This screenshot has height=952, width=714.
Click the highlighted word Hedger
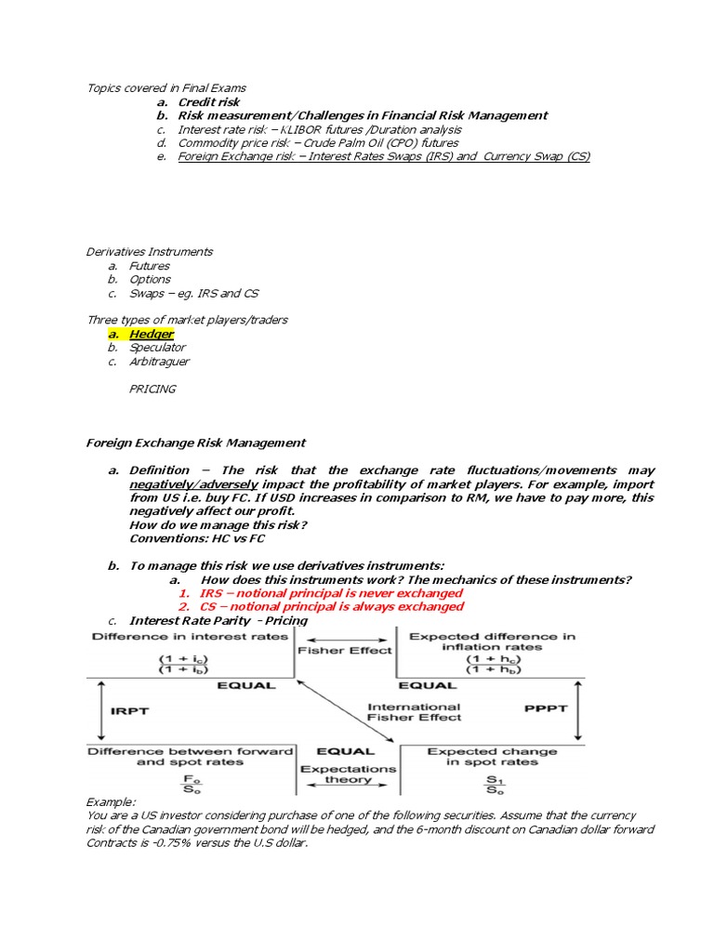point(151,334)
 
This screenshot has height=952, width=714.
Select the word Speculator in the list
point(157,348)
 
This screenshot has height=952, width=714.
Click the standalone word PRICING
point(152,389)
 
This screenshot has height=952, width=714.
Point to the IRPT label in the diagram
point(129,710)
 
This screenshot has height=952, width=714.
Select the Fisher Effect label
point(345,651)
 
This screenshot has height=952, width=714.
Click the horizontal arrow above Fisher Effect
point(345,637)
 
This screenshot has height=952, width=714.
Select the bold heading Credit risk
point(209,102)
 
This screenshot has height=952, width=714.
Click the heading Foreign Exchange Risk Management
point(196,443)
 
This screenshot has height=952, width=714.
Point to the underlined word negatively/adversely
point(193,484)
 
